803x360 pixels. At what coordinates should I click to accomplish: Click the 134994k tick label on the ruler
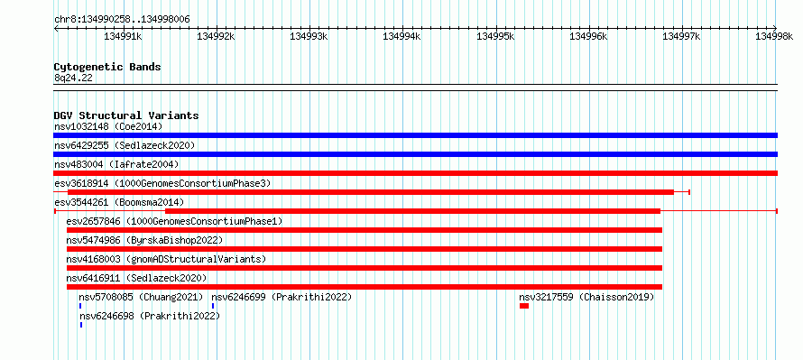click(402, 36)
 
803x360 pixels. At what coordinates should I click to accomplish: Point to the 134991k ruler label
click(123, 36)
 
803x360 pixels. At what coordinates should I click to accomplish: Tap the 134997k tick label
click(681, 36)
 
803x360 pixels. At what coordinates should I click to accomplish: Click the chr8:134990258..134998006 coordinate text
click(122, 20)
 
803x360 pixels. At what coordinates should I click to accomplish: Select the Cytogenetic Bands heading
click(107, 67)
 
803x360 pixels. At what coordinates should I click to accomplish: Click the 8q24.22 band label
click(73, 78)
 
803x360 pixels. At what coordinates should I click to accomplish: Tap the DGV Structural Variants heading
click(126, 115)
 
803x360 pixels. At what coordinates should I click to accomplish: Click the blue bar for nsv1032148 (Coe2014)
click(415, 135)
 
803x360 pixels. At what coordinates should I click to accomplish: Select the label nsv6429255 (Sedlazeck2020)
click(125, 145)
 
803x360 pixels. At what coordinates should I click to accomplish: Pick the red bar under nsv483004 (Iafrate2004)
click(415, 173)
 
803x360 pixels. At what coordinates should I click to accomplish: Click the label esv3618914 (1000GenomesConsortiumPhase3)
click(162, 183)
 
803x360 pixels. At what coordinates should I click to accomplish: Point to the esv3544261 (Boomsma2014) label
click(119, 202)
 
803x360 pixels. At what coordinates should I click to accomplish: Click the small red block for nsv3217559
click(524, 306)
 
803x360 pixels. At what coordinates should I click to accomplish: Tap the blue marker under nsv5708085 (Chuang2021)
click(80, 306)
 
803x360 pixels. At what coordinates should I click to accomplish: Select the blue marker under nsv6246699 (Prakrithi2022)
click(213, 306)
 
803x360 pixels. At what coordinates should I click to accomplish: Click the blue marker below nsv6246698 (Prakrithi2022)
click(81, 325)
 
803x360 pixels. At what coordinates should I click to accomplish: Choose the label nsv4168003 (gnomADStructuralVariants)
click(166, 259)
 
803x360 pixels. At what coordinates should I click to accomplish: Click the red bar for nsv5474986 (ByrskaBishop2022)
click(365, 249)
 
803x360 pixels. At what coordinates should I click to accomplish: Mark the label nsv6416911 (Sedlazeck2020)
click(137, 278)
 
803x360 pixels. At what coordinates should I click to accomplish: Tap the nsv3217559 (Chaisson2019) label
click(586, 297)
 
